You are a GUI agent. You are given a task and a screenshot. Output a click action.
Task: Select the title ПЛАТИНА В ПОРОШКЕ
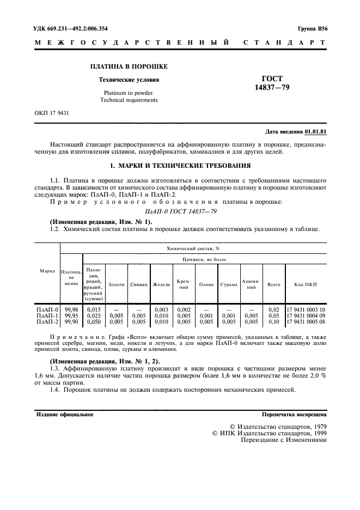point(129,66)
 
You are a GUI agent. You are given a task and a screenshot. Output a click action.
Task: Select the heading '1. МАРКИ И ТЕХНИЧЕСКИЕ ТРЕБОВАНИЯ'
point(180,165)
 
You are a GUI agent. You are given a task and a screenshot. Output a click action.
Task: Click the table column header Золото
point(117,284)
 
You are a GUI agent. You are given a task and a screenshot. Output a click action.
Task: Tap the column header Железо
point(161,284)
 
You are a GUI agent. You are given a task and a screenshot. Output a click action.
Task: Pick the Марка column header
point(47,271)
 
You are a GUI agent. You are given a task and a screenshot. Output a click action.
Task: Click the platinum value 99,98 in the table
point(71,309)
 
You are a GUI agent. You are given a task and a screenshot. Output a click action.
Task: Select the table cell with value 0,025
point(94,315)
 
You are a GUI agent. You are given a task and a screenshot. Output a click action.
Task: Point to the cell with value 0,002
point(184,309)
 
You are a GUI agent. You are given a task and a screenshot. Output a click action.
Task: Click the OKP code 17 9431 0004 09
point(306,315)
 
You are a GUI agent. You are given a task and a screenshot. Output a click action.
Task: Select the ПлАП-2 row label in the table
point(47,322)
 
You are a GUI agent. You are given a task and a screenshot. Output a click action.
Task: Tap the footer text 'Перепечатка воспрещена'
point(294,415)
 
